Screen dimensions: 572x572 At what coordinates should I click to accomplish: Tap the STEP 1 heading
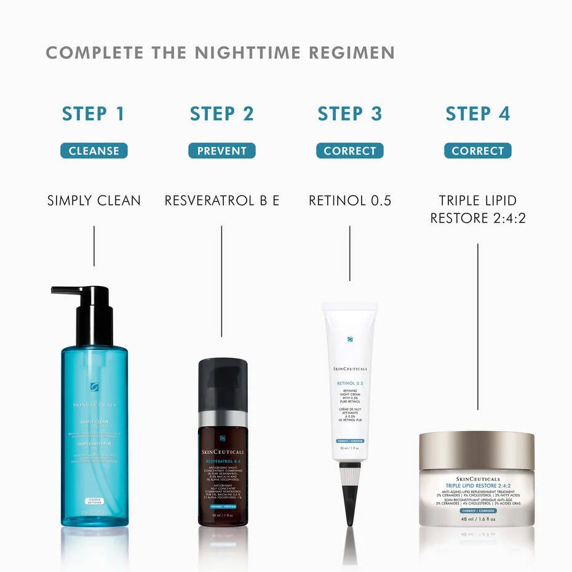93,114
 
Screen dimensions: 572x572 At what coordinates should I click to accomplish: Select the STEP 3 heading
349,114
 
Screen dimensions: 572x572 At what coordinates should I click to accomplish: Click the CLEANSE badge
93,151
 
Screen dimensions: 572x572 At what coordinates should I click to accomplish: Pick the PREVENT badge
221,151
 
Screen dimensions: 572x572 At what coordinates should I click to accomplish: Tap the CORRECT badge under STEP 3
349,151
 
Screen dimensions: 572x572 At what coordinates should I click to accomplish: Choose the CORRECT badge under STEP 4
477,151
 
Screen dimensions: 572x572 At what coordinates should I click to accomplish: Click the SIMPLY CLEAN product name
93,201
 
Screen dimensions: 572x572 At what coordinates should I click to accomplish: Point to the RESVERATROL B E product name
221,201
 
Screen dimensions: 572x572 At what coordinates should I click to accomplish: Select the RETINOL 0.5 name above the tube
349,201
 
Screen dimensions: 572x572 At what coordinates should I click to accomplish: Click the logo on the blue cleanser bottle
94,386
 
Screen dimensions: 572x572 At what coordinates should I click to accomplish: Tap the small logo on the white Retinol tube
349,338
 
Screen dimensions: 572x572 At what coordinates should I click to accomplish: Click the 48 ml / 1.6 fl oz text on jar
477,518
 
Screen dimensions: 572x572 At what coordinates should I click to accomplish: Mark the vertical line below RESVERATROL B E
221,280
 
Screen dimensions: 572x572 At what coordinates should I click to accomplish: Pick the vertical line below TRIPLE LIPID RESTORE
477,326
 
